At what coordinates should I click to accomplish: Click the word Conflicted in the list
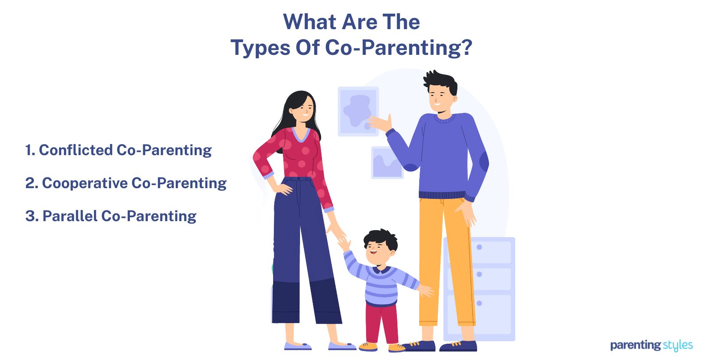pyautogui.click(x=76, y=150)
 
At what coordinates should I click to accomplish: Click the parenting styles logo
pyautogui.click(x=651, y=345)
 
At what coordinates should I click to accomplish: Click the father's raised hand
pyautogui.click(x=382, y=123)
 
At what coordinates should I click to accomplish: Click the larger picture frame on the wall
pyautogui.click(x=358, y=111)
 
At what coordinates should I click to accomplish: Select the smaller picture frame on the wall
pyautogui.click(x=387, y=163)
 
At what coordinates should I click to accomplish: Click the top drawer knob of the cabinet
pyautogui.click(x=479, y=247)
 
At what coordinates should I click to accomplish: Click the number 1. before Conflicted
pyautogui.click(x=30, y=150)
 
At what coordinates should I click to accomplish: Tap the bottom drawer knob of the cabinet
pyautogui.click(x=479, y=303)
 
